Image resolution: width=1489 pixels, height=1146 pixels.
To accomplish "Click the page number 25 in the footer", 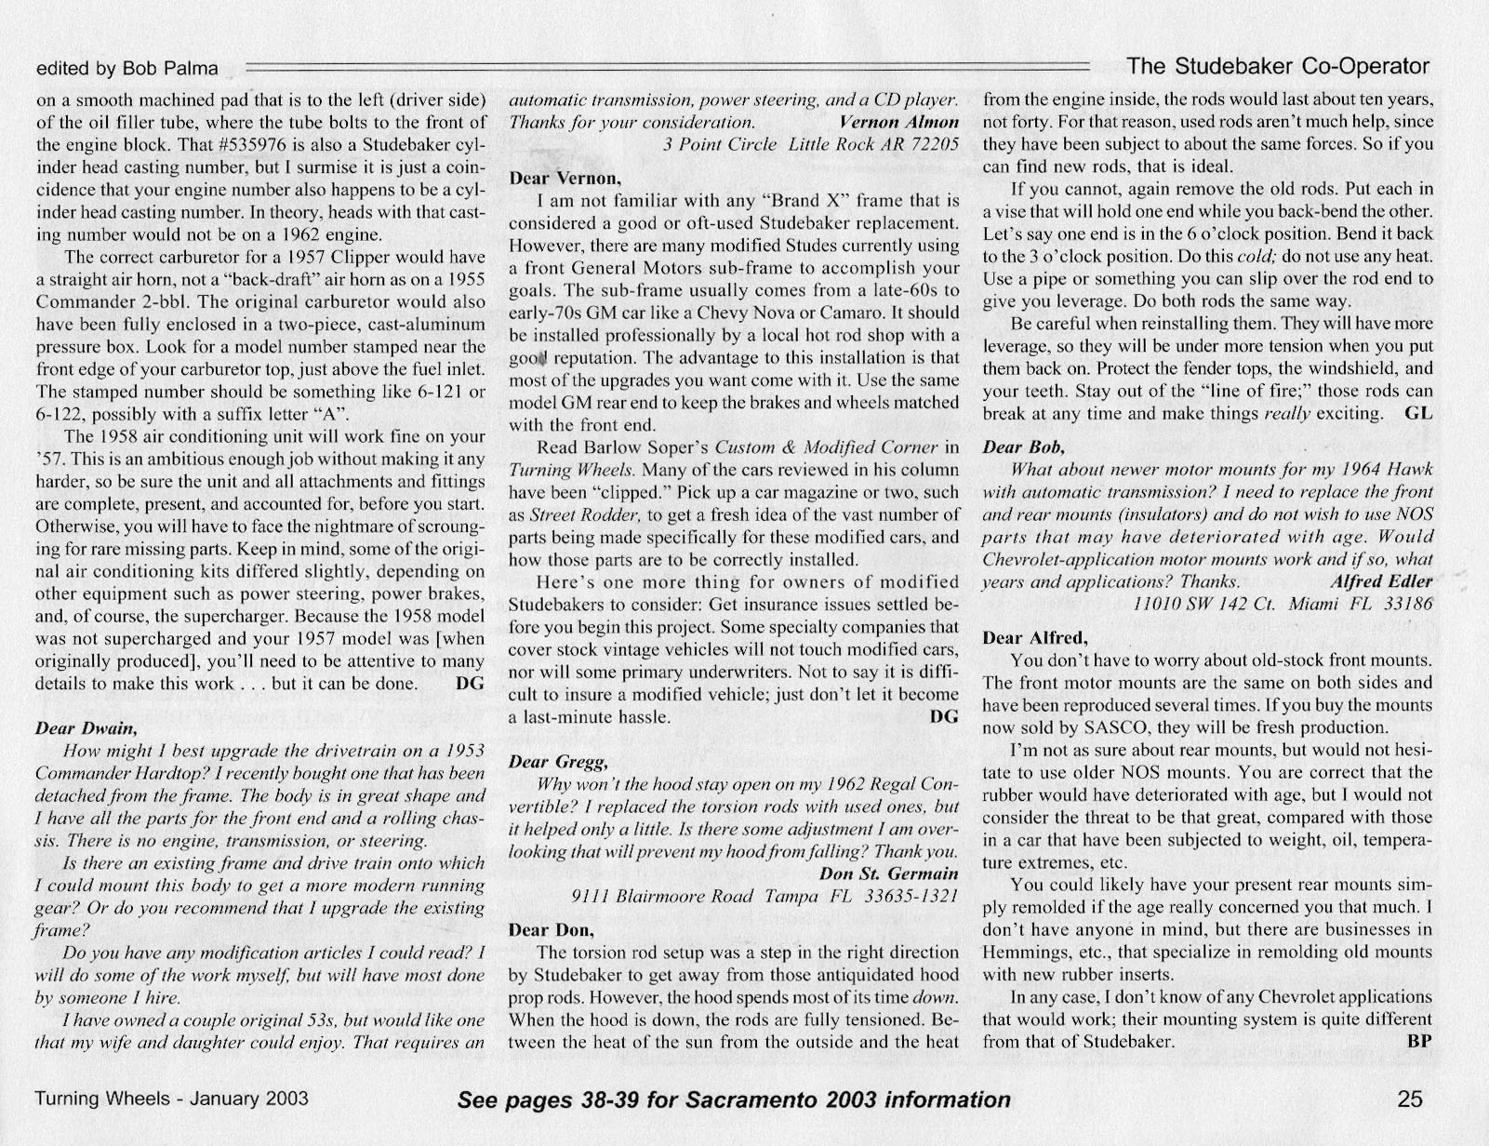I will pyautogui.click(x=1410, y=1099).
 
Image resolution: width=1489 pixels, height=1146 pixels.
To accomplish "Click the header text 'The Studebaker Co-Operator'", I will pyautogui.click(x=1277, y=66).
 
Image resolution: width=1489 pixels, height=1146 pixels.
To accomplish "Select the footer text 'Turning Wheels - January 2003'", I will pyautogui.click(x=171, y=1099).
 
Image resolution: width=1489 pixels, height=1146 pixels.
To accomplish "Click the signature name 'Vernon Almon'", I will pyautogui.click(x=898, y=122).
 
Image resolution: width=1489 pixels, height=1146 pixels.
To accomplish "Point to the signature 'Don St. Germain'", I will pyautogui.click(x=889, y=873).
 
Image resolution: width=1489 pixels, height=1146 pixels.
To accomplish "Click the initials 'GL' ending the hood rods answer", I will pyautogui.click(x=1420, y=413).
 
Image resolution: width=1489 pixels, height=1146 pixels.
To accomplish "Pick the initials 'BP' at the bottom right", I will pyautogui.click(x=1420, y=1041).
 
